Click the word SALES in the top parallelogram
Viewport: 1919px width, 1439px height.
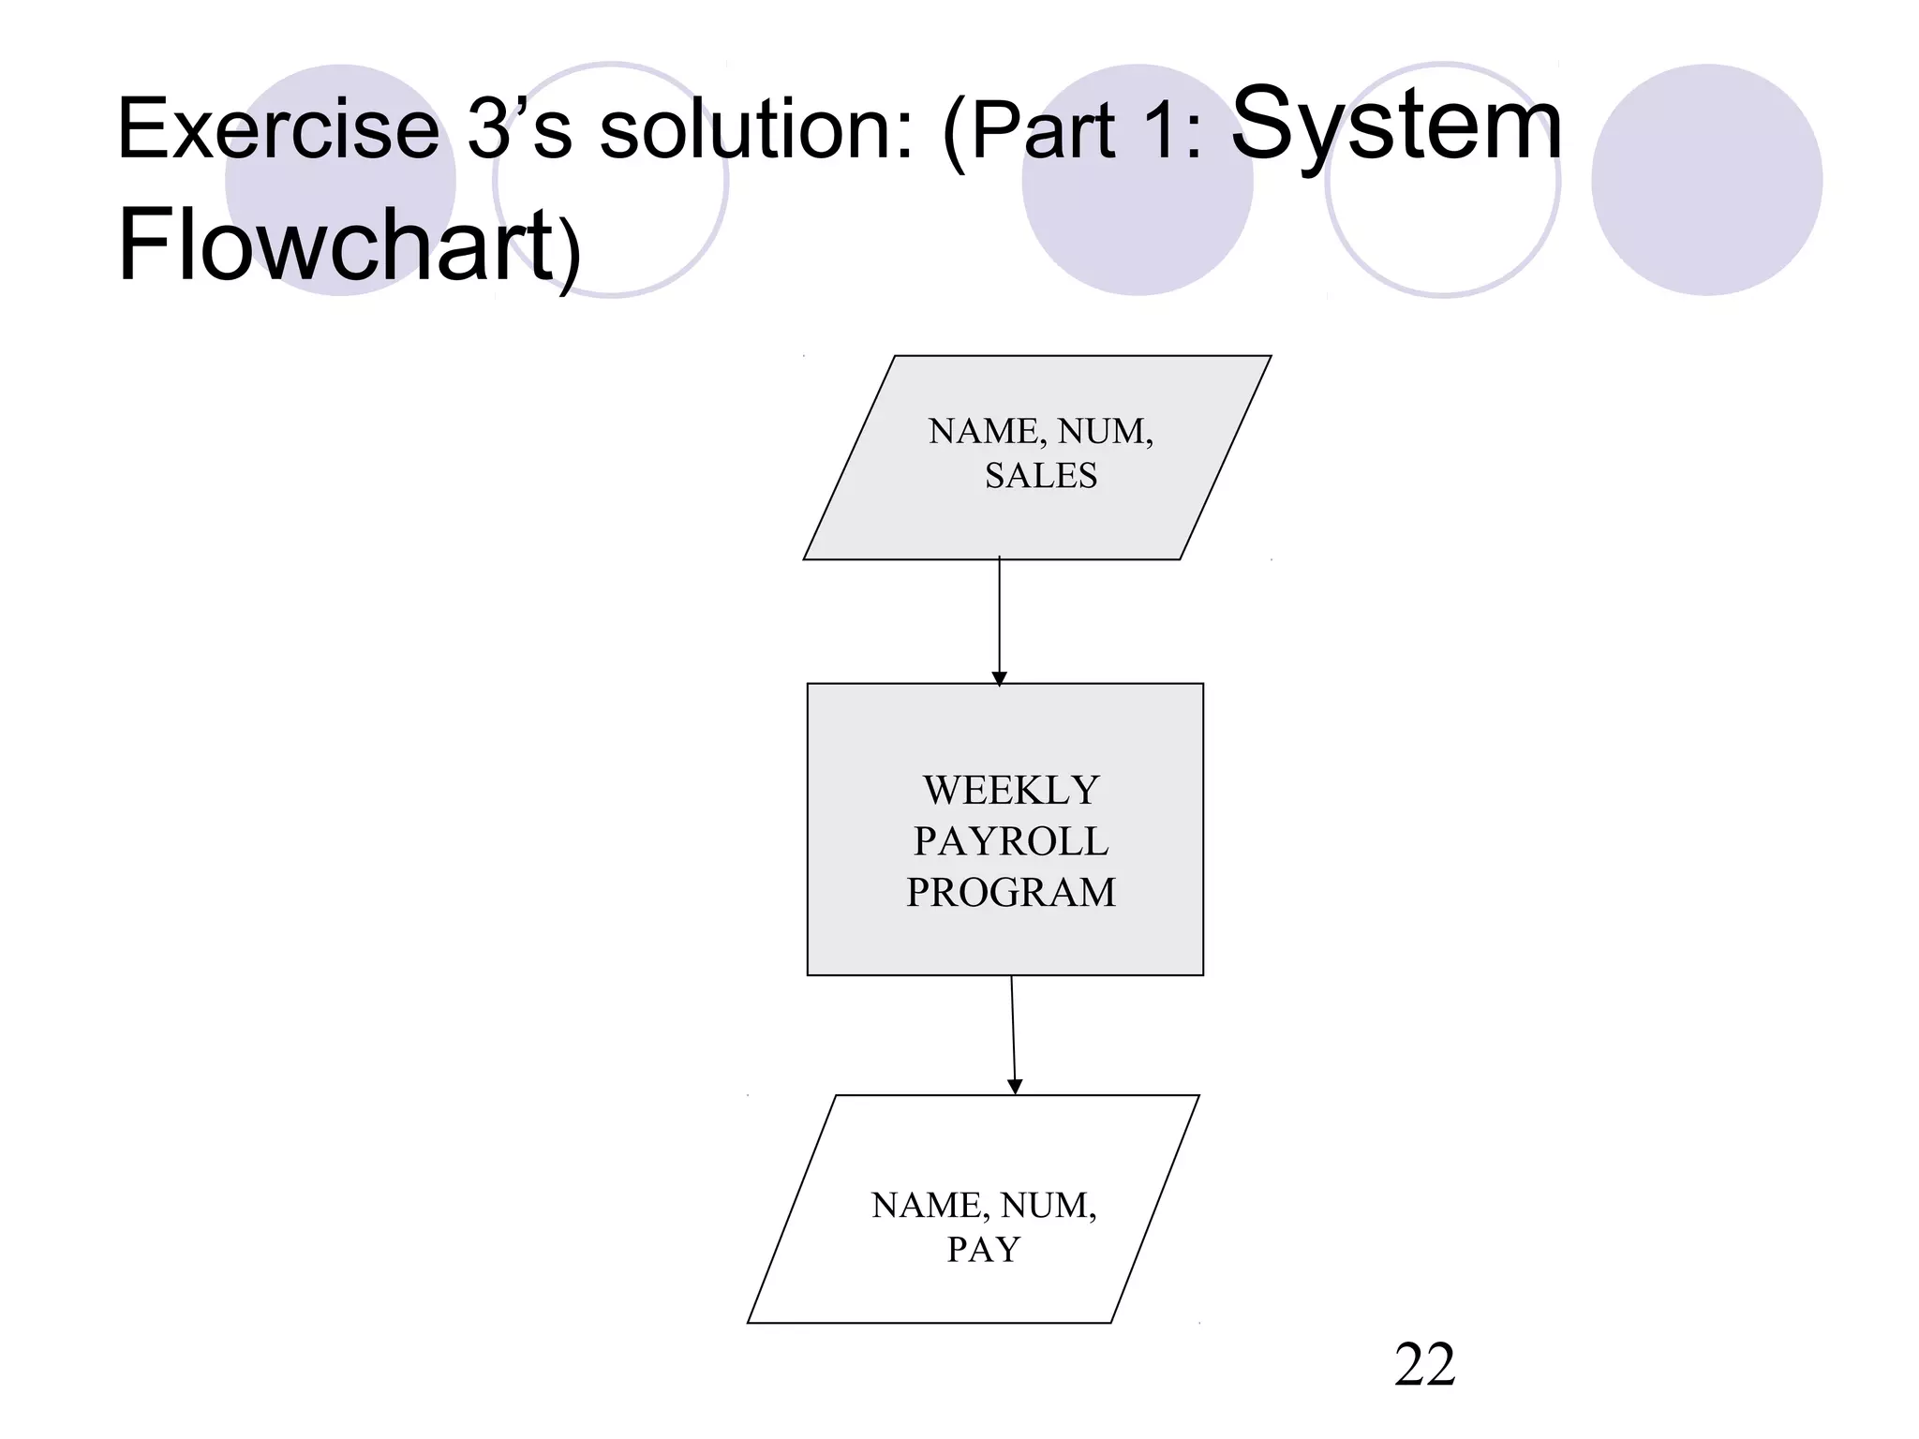tap(1040, 476)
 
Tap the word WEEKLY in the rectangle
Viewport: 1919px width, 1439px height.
tap(1010, 791)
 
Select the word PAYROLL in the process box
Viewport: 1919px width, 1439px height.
tap(1010, 841)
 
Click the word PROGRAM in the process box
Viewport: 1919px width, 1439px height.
tap(1010, 892)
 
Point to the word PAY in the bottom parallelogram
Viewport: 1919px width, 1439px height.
tap(983, 1250)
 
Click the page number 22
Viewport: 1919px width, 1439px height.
tap(1424, 1365)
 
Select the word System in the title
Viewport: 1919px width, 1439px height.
tap(1396, 124)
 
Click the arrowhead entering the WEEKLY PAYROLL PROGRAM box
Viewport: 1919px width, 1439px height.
tap(999, 678)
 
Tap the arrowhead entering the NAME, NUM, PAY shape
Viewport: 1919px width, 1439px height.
tap(1015, 1087)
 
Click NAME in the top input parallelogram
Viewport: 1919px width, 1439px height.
tap(985, 432)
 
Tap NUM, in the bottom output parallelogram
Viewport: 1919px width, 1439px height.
tap(1049, 1206)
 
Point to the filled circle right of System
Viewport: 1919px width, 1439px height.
tap(1707, 180)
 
